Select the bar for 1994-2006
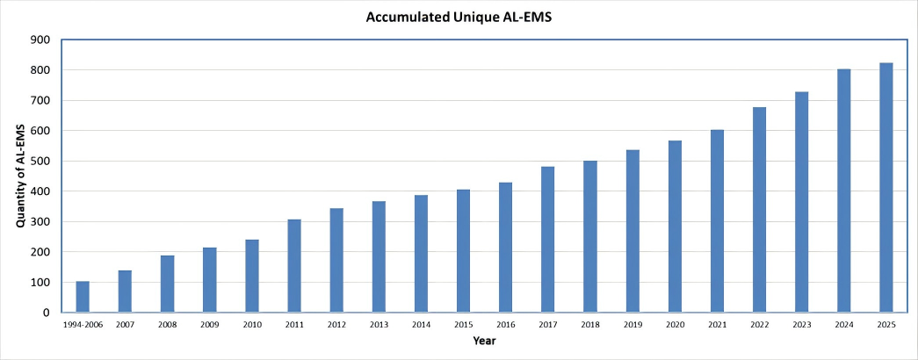[83, 297]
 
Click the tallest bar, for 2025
[885, 188]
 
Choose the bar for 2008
[167, 284]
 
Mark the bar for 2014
[421, 254]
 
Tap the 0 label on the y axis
[45, 313]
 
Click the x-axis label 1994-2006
[83, 325]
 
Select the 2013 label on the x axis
[379, 325]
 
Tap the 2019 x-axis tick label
[632, 325]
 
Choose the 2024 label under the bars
[843, 325]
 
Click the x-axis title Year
[484, 340]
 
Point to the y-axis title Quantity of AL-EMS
[19, 176]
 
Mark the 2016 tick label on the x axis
[505, 325]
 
